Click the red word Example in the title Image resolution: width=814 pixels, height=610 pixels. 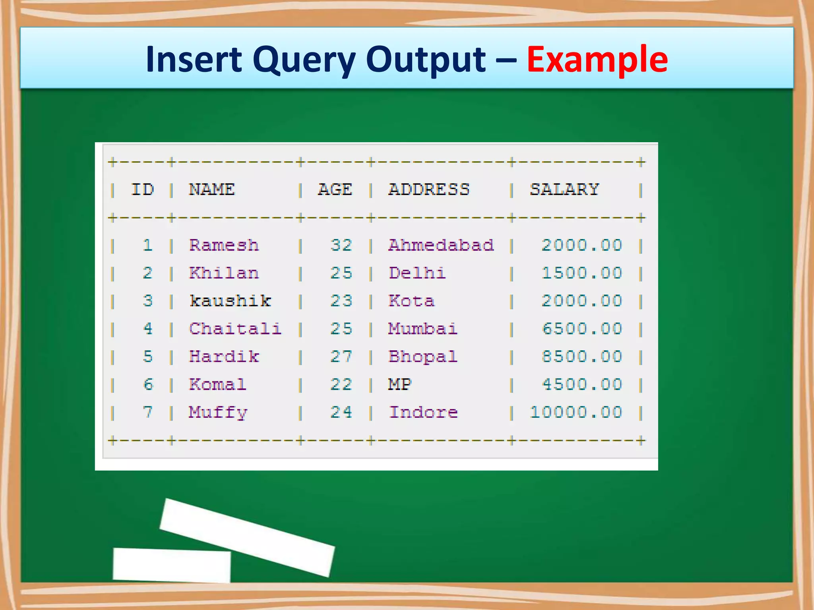coord(597,60)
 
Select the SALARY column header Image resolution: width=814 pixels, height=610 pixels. coord(564,189)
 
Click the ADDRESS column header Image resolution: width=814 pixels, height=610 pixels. coord(429,189)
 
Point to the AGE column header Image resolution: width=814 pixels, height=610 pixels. coord(335,189)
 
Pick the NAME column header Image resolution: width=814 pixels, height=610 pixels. coord(211,189)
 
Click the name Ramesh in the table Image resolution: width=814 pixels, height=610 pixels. coord(224,245)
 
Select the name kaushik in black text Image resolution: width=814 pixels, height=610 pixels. coord(230,301)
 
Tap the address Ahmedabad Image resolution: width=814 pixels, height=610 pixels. coord(441,245)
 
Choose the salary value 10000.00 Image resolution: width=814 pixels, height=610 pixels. coord(576,412)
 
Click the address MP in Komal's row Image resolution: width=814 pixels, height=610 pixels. coord(399,384)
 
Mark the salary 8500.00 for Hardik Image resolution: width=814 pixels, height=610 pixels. coord(581,357)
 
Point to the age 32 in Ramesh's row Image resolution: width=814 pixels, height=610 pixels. coord(341,245)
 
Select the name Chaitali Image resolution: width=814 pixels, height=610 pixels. coord(235,329)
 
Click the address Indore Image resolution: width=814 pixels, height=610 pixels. coord(423,412)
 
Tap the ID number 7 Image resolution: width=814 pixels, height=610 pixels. coord(147,412)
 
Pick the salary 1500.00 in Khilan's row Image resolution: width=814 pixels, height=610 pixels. coord(581,273)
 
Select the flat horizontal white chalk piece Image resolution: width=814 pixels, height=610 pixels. coord(172,565)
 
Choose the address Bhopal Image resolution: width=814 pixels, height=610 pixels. coord(423,357)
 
